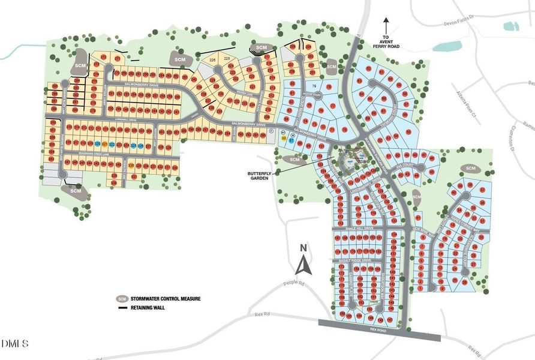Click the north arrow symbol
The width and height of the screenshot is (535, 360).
[x=304, y=263]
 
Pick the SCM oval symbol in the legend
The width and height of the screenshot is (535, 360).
[x=122, y=298]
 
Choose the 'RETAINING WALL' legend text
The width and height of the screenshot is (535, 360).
[x=151, y=308]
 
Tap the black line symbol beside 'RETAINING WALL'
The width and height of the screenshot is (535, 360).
[x=123, y=308]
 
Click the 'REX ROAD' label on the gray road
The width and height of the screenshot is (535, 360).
[x=380, y=330]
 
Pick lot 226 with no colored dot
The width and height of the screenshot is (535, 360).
[x=212, y=59]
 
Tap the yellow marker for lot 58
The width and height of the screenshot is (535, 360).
[x=283, y=139]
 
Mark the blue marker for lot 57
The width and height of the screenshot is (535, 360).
[x=291, y=142]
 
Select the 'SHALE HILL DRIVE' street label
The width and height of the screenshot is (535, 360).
[x=360, y=229]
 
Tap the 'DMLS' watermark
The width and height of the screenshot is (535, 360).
[x=16, y=344]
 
